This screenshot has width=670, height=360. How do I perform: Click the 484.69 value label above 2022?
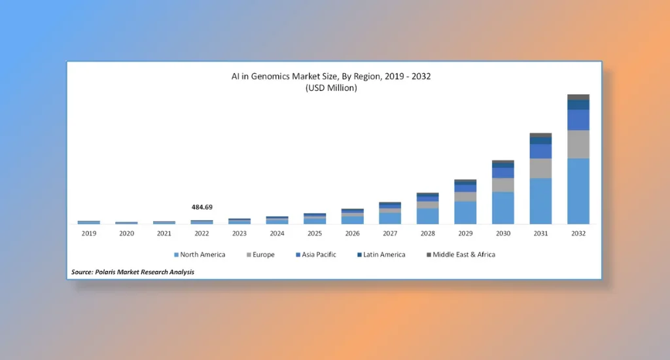(202, 207)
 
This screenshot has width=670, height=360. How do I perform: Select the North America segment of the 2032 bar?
(578, 190)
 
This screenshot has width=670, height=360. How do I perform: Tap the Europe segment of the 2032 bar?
(578, 144)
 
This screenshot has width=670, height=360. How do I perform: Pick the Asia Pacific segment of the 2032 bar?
(578, 120)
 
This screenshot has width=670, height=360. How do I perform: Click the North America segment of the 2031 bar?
(540, 200)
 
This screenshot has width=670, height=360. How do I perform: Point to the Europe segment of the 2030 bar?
(502, 185)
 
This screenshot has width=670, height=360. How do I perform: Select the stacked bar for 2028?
(427, 209)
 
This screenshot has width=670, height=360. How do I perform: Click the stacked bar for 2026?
(352, 217)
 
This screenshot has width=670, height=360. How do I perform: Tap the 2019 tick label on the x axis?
(88, 233)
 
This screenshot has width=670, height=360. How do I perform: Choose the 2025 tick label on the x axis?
(315, 233)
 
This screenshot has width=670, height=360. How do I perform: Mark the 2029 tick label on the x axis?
(465, 233)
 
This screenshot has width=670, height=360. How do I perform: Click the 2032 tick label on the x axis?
(578, 233)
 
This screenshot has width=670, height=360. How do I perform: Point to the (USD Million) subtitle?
(331, 88)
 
